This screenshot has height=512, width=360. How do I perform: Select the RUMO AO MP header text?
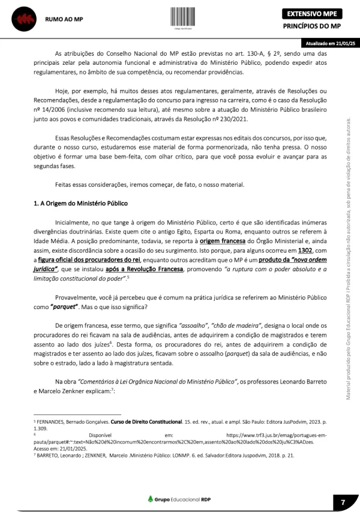coord(64,19)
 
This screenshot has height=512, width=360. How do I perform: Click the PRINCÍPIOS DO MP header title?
coord(311,27)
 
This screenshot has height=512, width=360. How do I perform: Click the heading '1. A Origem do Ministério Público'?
coord(80,203)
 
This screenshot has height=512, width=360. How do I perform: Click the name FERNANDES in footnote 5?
coord(53,423)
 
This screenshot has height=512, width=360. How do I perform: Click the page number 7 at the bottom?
coord(343,501)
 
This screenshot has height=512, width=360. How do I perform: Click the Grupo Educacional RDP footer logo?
coord(179,499)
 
